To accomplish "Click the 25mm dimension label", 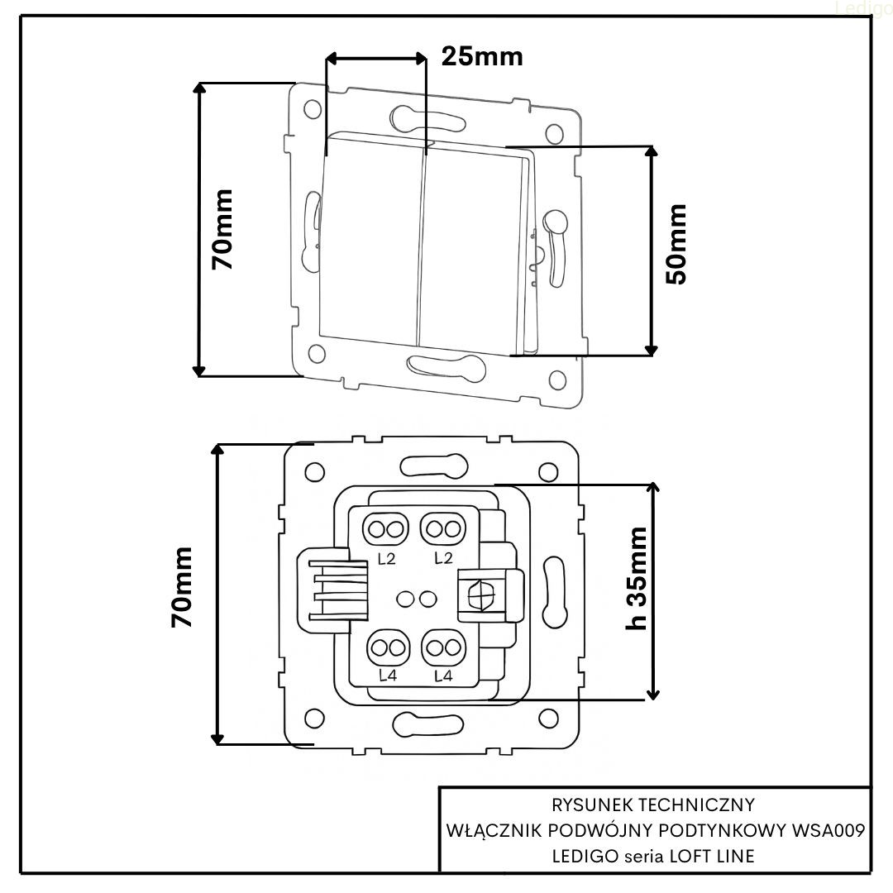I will [481, 56].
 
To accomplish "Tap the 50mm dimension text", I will [676, 244].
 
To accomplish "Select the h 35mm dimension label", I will [636, 577].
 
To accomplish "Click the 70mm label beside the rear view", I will [181, 586].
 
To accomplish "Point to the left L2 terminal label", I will [386, 559].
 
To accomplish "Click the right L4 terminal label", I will [442, 676].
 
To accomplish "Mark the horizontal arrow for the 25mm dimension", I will [376, 58].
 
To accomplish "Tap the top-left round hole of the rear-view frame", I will [314, 472].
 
